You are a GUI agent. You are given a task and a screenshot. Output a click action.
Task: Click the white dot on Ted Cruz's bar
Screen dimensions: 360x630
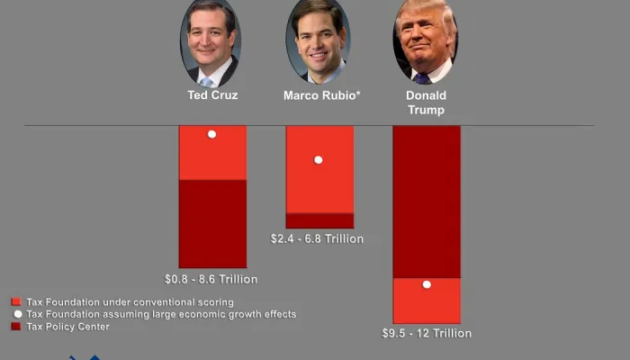(x=211, y=134)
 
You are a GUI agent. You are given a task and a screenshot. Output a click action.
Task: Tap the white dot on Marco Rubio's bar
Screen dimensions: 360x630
(x=318, y=160)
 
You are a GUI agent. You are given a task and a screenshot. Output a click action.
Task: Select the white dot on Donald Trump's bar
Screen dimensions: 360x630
(x=427, y=284)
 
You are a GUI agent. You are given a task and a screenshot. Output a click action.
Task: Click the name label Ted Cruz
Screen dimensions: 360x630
(x=212, y=95)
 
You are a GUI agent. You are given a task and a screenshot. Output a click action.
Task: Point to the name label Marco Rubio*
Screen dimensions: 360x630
(x=322, y=95)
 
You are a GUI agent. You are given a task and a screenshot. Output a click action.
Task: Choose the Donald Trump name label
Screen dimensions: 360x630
(x=426, y=103)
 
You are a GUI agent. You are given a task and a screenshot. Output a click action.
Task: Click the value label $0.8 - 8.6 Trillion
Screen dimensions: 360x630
(x=211, y=279)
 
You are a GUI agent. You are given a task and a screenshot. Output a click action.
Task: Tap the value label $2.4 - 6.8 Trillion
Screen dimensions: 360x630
(x=318, y=239)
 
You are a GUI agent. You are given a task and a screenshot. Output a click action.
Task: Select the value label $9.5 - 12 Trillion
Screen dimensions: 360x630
(x=427, y=334)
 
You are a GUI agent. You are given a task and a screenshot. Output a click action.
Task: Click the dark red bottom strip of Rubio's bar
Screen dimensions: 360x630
(x=319, y=220)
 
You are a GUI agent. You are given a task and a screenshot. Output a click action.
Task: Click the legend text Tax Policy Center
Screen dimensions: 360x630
(x=68, y=327)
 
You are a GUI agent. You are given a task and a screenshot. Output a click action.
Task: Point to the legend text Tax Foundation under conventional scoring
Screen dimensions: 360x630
(x=130, y=302)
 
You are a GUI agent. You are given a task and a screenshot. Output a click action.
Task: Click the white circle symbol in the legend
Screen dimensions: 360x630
(x=16, y=314)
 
